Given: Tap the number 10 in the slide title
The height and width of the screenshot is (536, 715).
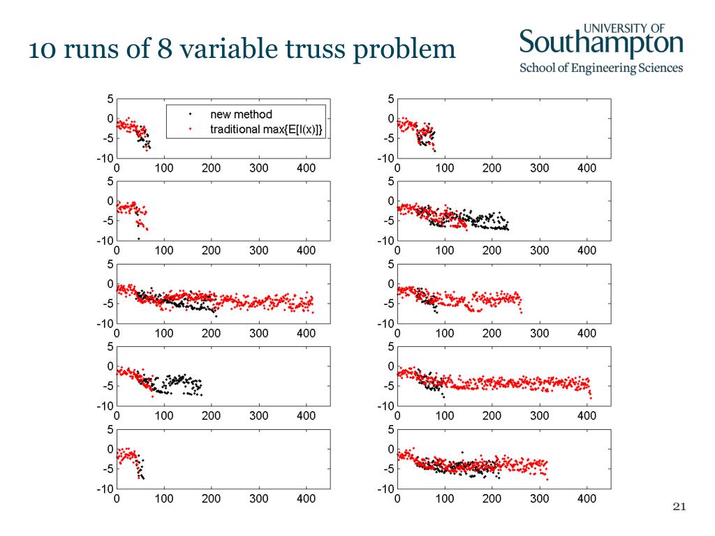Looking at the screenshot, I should (x=40, y=50).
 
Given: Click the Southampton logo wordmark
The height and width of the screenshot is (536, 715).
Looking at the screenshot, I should (x=601, y=44).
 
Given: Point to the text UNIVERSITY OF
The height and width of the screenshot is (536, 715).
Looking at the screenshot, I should (x=624, y=27).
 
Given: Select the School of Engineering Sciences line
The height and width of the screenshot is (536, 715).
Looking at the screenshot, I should (x=601, y=68).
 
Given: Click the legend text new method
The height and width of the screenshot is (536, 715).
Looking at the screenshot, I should (x=241, y=114).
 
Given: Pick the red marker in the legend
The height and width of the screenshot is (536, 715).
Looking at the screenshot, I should (x=191, y=129).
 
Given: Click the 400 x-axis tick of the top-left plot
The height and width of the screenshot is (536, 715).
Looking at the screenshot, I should (x=306, y=168).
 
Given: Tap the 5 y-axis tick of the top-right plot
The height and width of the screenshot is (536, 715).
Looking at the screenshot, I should (x=390, y=99).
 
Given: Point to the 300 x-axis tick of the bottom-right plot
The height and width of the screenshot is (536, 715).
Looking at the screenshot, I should (x=540, y=499).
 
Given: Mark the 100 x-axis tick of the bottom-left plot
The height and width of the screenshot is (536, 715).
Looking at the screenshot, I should (x=164, y=499).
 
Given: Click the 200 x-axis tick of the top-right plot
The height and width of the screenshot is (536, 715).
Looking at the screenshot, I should (x=492, y=168).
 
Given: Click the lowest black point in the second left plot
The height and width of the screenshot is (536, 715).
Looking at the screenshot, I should (x=138, y=238).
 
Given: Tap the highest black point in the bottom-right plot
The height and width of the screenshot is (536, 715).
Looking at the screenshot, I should (x=462, y=452).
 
